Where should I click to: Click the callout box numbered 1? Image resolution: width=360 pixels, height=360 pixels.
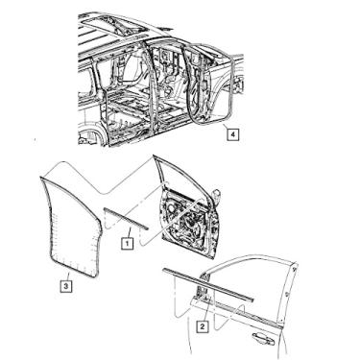pyautogui.click(x=127, y=244)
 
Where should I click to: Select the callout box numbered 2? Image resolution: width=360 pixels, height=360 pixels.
pyautogui.click(x=203, y=326)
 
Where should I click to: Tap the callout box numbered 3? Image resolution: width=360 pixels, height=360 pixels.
pyautogui.click(x=65, y=286)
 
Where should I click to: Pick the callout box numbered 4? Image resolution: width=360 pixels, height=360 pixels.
pyautogui.click(x=233, y=134)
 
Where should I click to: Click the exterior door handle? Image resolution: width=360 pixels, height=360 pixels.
pyautogui.click(x=263, y=338)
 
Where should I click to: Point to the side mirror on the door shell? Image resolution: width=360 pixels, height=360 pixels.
pyautogui.click(x=217, y=196)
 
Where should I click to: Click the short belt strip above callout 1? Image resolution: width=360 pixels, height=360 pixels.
pyautogui.click(x=126, y=219)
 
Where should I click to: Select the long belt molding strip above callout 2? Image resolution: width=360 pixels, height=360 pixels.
pyautogui.click(x=208, y=284)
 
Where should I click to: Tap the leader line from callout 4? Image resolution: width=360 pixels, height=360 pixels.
pyautogui.click(x=226, y=126)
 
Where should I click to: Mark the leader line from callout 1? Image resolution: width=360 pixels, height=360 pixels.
pyautogui.click(x=130, y=231)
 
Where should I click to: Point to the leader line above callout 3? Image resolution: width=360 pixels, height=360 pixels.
pyautogui.click(x=67, y=276)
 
